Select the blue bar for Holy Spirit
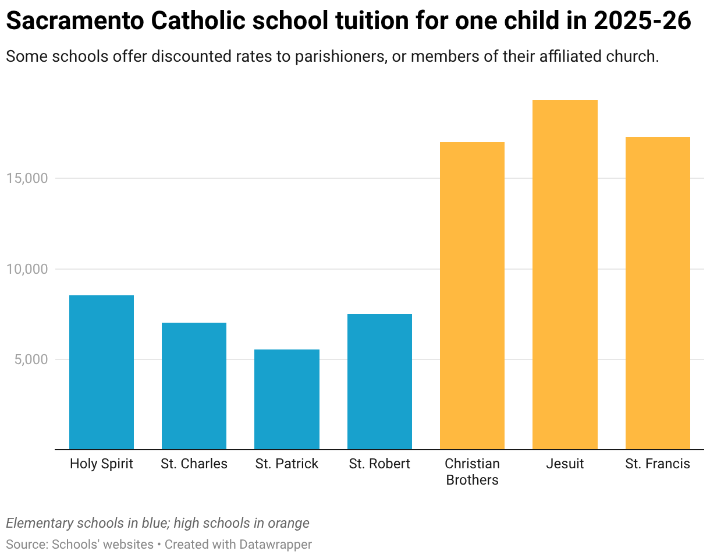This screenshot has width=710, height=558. [x=101, y=372]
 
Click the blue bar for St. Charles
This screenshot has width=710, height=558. [x=194, y=386]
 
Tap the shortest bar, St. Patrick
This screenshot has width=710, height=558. [x=287, y=399]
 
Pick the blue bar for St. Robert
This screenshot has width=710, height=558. [x=379, y=382]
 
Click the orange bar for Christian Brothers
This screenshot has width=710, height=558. [x=472, y=295]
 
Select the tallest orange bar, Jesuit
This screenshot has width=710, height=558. [x=565, y=274]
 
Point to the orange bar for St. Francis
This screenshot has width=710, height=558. [x=658, y=293]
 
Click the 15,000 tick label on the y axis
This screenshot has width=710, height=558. [x=27, y=178]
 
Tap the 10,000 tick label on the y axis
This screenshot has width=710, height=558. [x=27, y=269]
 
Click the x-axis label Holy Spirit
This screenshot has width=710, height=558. [x=101, y=464]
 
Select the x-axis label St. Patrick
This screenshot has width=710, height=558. [x=287, y=464]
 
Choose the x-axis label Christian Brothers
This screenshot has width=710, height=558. [x=472, y=472]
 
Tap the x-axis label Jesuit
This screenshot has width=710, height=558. [x=565, y=464]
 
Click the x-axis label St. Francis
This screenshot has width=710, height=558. [x=658, y=464]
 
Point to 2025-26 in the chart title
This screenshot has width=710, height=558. [x=642, y=22]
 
